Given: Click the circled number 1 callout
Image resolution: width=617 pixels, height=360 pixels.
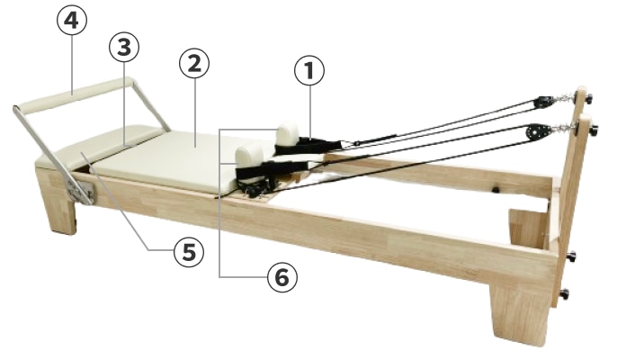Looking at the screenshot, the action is pyautogui.click(x=309, y=71).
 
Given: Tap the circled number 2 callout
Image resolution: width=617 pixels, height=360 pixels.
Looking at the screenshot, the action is pyautogui.click(x=194, y=63).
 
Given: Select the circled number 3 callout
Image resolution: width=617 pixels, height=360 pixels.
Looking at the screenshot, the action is pyautogui.click(x=124, y=48).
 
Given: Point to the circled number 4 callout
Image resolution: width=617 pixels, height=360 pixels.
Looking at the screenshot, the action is pyautogui.click(x=72, y=21).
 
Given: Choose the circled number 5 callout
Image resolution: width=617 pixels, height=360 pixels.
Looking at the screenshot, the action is pyautogui.click(x=189, y=252).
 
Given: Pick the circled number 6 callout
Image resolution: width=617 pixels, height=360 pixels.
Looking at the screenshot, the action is pyautogui.click(x=282, y=278).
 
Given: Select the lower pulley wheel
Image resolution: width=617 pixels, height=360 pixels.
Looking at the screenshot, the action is pyautogui.click(x=534, y=132).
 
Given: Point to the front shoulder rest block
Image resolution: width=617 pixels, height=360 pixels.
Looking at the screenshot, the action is pyautogui.click(x=248, y=155).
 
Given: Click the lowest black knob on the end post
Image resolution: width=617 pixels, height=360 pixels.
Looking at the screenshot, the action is pyautogui.click(x=565, y=293).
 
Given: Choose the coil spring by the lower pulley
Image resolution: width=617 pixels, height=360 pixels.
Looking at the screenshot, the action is pyautogui.click(x=559, y=128).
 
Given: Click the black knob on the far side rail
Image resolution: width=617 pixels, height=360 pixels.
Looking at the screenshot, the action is pyautogui.click(x=496, y=190).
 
